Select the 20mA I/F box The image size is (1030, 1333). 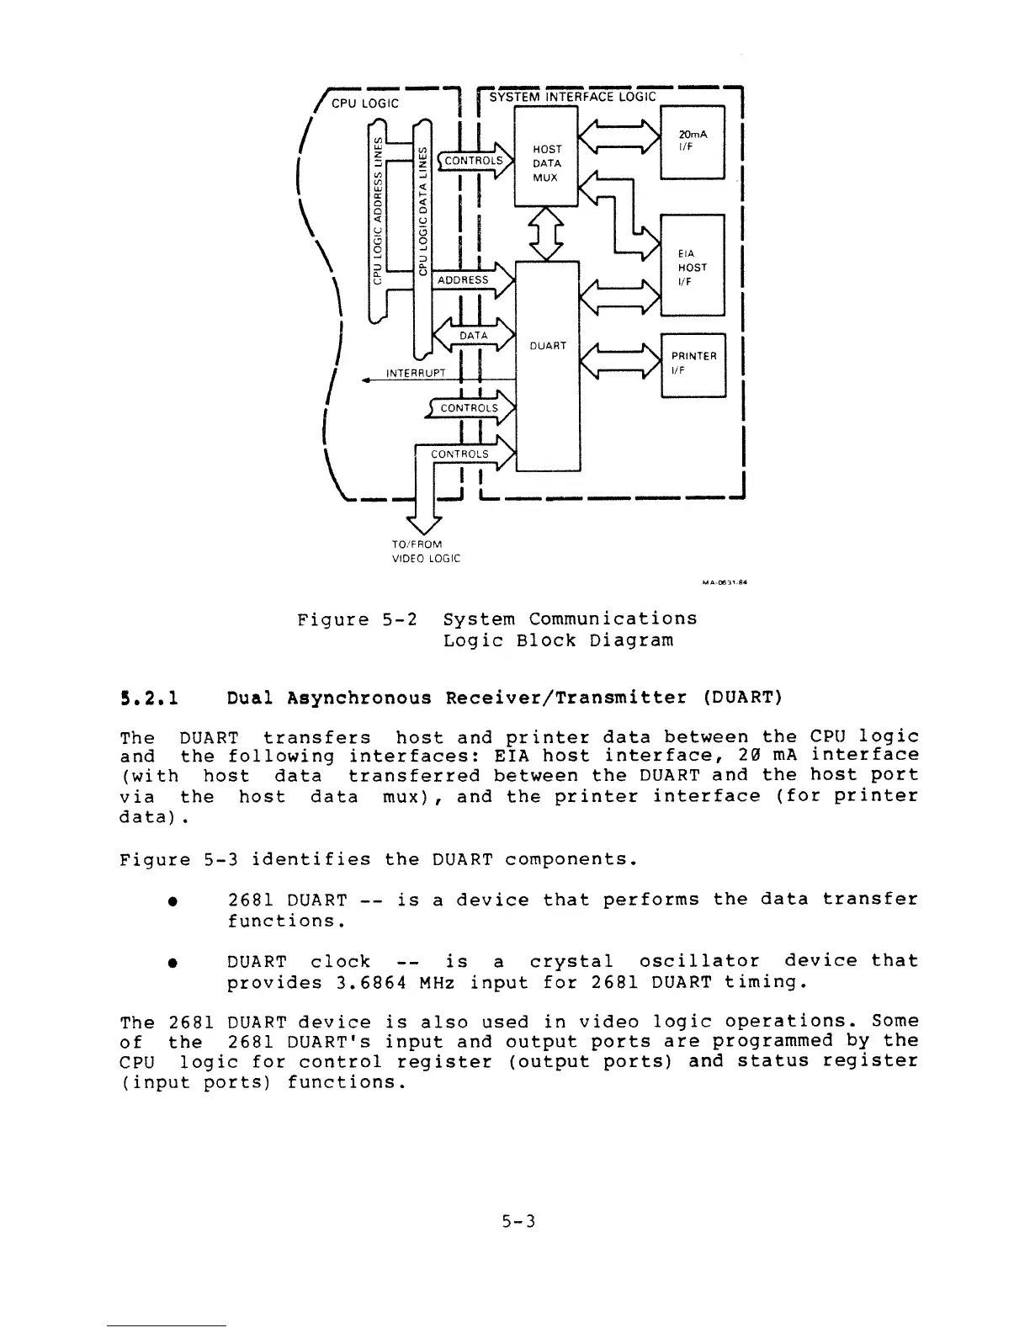point(693,141)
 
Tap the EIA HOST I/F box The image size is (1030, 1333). point(693,266)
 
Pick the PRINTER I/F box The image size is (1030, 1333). point(693,364)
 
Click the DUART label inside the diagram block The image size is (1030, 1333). point(547,346)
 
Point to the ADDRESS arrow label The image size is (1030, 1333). point(464,279)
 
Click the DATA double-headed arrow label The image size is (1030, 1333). point(474,336)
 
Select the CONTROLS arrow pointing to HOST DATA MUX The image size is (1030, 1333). point(474,161)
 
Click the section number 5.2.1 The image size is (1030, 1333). point(148,698)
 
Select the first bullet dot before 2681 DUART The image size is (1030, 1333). point(171,901)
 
